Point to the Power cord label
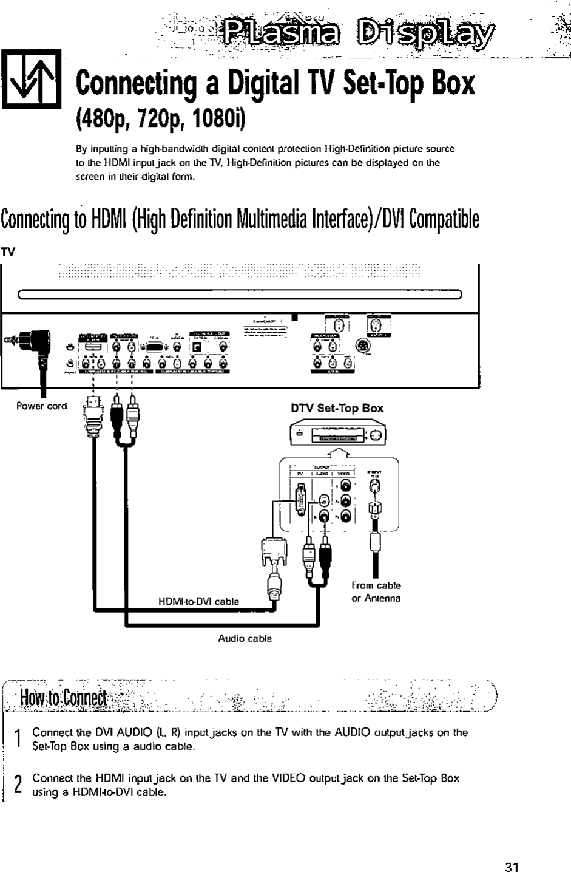point(42,406)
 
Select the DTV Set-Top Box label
point(339,408)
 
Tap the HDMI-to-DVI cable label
point(198,602)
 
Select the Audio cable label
point(245,639)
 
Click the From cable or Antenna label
point(376,592)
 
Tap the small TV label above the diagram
point(8,251)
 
